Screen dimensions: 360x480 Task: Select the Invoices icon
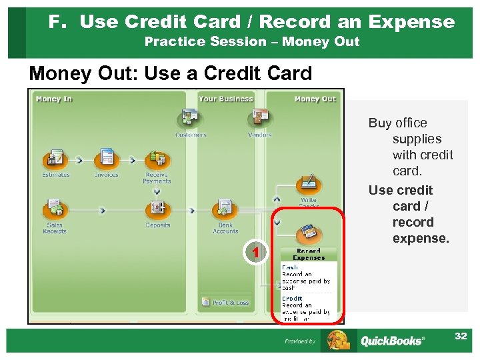106,158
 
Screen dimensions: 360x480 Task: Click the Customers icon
190,119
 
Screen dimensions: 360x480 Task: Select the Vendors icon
259,119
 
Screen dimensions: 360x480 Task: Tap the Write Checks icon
308,184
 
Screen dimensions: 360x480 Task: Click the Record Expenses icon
308,233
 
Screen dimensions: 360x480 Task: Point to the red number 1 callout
254,251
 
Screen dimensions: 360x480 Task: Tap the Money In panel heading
54,99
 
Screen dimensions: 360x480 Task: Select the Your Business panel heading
226,99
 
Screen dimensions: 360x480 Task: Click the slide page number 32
461,336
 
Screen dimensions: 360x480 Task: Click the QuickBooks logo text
391,341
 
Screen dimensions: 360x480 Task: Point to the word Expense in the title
411,22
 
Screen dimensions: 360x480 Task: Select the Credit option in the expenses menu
292,298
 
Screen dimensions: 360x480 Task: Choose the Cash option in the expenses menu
290,267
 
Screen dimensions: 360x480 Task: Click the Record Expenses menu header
309,254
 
